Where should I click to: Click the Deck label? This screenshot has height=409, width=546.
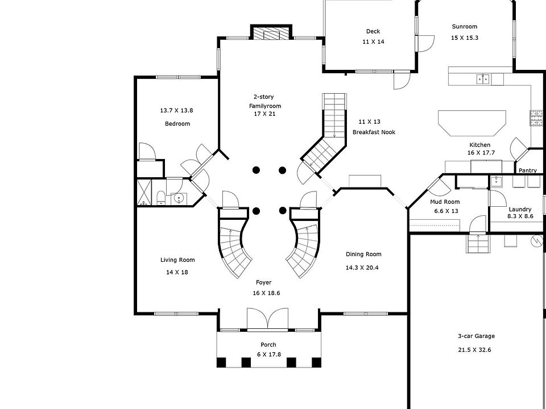point(373,32)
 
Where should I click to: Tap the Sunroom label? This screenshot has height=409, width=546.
point(464,27)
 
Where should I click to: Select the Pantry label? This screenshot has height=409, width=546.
point(527,170)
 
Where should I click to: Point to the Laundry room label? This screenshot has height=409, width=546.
point(520,209)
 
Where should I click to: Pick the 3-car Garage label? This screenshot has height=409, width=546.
point(476,336)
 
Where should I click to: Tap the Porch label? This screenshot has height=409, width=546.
point(268,345)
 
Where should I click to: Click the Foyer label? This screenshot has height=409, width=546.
point(263,282)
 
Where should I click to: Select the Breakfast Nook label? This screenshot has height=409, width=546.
point(374,132)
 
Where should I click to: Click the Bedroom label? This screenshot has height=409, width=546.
point(177,124)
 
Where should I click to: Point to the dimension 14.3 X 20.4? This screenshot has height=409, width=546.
point(363,267)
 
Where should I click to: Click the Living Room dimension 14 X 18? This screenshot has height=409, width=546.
point(177,273)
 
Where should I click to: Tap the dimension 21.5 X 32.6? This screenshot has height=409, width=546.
point(474,350)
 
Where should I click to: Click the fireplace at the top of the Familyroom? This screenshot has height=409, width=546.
point(271,34)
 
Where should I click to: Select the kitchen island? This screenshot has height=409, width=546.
point(472,122)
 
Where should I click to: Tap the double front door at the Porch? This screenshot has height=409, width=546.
point(268,319)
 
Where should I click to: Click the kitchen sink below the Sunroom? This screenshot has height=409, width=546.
point(483,78)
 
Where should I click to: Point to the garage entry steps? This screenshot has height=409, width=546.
point(477,244)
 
